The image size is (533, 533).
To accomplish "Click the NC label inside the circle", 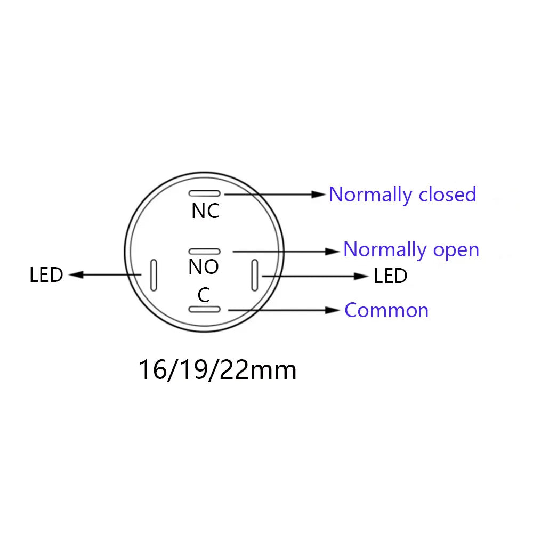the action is click(205, 211).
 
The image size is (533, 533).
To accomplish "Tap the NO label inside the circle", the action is click(204, 267).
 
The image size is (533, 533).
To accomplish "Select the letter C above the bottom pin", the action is click(204, 295).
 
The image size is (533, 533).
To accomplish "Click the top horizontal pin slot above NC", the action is click(205, 193).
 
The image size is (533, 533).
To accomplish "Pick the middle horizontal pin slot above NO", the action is click(205, 252).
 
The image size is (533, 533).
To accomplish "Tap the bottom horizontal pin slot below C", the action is click(205, 309).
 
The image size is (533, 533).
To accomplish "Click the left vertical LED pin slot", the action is click(154, 276).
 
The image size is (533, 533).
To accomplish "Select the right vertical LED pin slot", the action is click(255, 276).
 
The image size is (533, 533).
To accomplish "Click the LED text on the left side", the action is click(46, 275).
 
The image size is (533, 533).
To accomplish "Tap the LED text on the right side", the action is click(391, 276).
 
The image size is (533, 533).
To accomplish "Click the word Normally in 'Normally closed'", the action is click(371, 195).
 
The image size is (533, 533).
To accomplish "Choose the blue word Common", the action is click(386, 310).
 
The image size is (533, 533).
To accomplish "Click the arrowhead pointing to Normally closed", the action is click(319, 195).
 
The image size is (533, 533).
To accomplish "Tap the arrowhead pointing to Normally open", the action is click(333, 252).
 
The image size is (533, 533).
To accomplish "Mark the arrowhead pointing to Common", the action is click(333, 310).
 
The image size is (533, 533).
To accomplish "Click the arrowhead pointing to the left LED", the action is click(76, 274).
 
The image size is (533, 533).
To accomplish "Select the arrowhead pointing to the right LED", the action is click(361, 276).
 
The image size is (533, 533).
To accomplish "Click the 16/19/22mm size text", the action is click(217, 370).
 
